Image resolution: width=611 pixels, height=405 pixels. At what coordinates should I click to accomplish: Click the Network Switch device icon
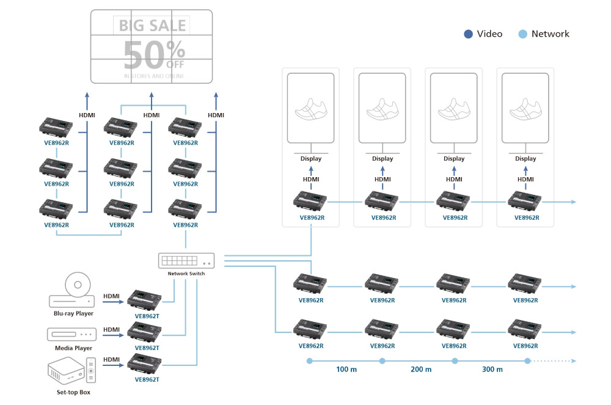pos(186,260)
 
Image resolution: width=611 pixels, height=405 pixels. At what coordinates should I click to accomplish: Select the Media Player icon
pos(72,334)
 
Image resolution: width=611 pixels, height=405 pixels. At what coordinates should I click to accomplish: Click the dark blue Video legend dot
pos(468,34)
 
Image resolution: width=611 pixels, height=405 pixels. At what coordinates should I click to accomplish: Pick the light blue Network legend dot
pos(522,34)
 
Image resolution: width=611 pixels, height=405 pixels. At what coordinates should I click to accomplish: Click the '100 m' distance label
pos(346,370)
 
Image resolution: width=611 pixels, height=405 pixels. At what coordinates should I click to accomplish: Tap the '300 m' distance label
pos(492,370)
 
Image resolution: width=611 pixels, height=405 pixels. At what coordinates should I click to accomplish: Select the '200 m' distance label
pos(420,370)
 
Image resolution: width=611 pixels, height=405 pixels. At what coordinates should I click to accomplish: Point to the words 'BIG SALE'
pos(152,26)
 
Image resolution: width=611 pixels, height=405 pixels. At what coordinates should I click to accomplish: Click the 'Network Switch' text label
pos(186,274)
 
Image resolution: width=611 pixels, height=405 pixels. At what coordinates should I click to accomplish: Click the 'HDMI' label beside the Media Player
pos(111,330)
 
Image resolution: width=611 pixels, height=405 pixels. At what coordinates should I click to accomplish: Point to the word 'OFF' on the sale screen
pos(175,64)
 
